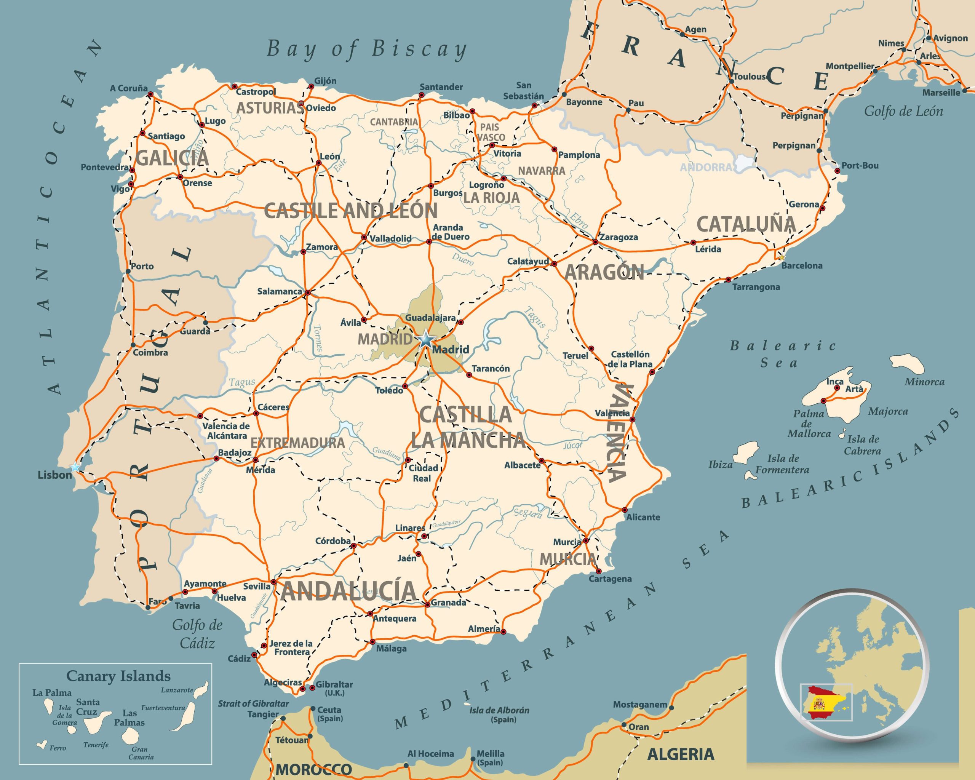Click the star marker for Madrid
click(x=425, y=339)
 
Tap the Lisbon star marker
click(x=75, y=466)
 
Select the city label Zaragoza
click(x=619, y=237)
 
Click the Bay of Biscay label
click(x=366, y=49)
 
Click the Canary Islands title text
click(x=118, y=676)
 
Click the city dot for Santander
click(x=422, y=95)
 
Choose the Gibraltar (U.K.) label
click(x=334, y=688)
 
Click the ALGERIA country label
click(x=681, y=754)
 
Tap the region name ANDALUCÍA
click(x=348, y=591)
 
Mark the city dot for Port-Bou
click(x=837, y=171)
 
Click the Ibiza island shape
click(x=745, y=452)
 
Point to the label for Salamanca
click(x=280, y=292)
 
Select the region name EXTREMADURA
click(x=297, y=442)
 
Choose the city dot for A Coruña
click(x=150, y=94)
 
